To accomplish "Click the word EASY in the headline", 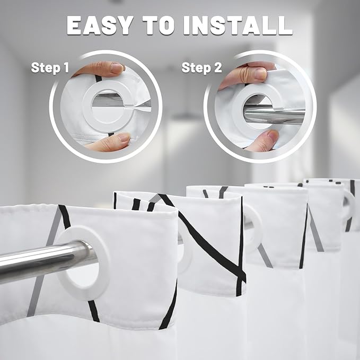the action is click(x=100, y=25).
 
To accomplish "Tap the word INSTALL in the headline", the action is click(x=238, y=25).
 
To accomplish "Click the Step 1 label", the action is click(x=50, y=68).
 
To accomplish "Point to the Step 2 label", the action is click(x=201, y=68).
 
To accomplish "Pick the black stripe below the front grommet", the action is click(x=94, y=311).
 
